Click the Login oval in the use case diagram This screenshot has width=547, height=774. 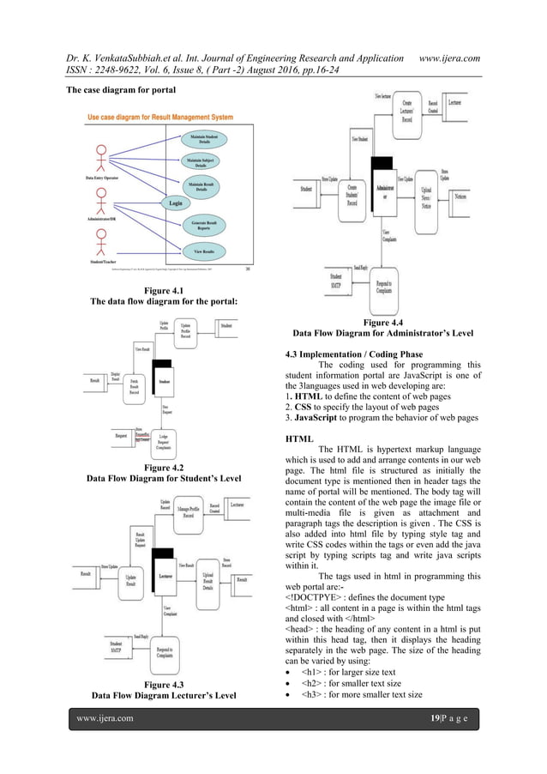175,203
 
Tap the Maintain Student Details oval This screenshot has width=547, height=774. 204,138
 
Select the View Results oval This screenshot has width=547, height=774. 204,251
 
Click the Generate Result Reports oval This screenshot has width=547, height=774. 204,224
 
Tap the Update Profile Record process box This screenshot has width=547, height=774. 187,330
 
